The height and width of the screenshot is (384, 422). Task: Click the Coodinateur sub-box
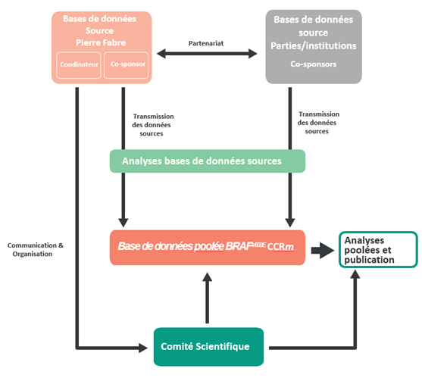[79, 65]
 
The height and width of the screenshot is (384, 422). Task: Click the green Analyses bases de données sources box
[208, 161]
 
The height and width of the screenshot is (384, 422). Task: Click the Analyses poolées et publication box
[377, 249]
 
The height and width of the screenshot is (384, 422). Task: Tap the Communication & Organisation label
[36, 249]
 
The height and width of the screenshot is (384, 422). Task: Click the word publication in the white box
[369, 259]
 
